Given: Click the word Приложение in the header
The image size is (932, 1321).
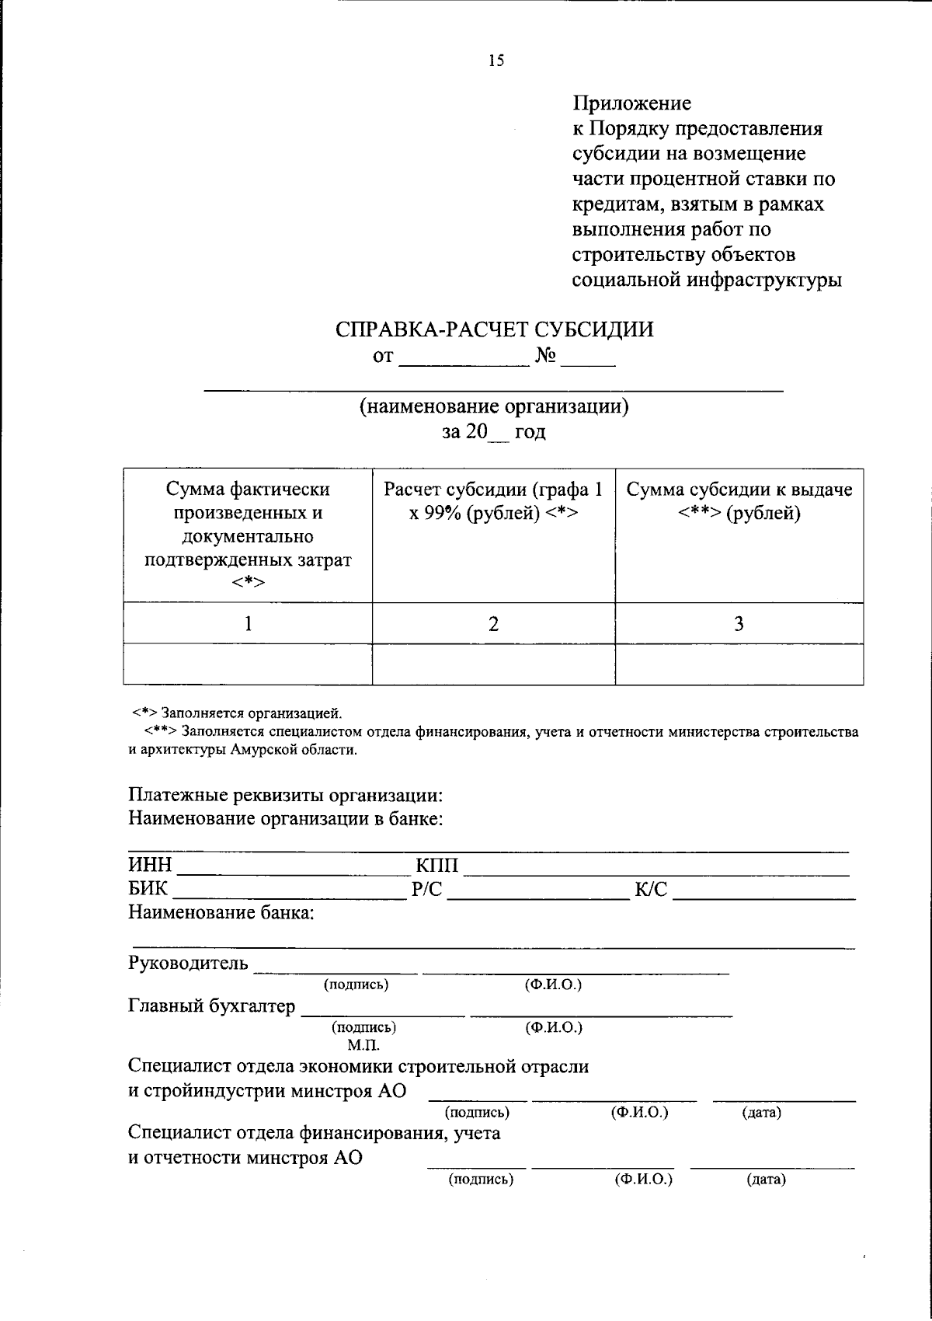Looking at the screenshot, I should (x=631, y=103).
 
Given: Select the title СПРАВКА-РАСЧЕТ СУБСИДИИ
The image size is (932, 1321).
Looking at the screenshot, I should (x=494, y=329).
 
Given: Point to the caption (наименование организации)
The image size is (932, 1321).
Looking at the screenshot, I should (x=493, y=406).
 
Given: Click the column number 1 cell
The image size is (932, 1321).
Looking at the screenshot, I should (x=248, y=623).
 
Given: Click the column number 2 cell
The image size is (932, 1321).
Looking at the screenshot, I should (x=493, y=623).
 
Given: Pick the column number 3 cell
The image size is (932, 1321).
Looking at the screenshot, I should (x=739, y=623).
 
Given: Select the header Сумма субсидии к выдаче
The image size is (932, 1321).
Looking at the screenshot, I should (x=739, y=490).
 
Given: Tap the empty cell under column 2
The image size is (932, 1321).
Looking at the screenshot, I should (x=493, y=664).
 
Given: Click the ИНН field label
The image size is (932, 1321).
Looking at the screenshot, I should (x=150, y=866).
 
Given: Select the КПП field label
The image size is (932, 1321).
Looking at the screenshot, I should (x=437, y=866).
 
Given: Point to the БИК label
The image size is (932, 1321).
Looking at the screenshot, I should (x=148, y=889).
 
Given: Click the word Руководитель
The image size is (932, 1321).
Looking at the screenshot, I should (x=188, y=964).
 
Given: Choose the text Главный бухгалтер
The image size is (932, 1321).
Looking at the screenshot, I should (x=211, y=1006).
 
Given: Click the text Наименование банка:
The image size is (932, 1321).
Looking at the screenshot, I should (x=221, y=912).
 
